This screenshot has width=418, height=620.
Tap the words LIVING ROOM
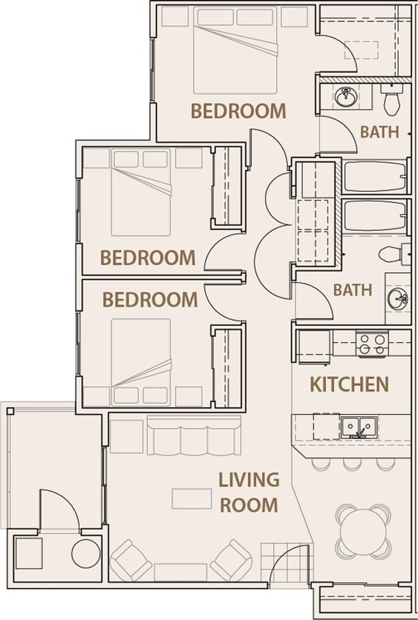tap(248, 492)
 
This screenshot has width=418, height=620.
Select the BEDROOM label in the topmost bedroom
tap(238, 111)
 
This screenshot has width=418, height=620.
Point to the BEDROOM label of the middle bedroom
tap(148, 258)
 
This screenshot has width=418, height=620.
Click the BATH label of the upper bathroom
tap(379, 132)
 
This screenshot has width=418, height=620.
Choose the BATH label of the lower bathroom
tap(353, 290)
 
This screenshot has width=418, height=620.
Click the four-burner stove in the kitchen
tap(371, 344)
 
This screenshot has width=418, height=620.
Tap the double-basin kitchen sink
tap(358, 427)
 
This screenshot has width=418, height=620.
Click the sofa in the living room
tap(194, 438)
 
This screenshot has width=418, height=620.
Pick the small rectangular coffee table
tap(192, 499)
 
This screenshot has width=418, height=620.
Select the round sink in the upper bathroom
tap(344, 96)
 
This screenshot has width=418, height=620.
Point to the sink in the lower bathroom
tap(397, 299)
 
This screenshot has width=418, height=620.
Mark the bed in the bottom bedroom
tap(141, 360)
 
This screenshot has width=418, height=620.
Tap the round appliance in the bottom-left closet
tap(85, 553)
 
